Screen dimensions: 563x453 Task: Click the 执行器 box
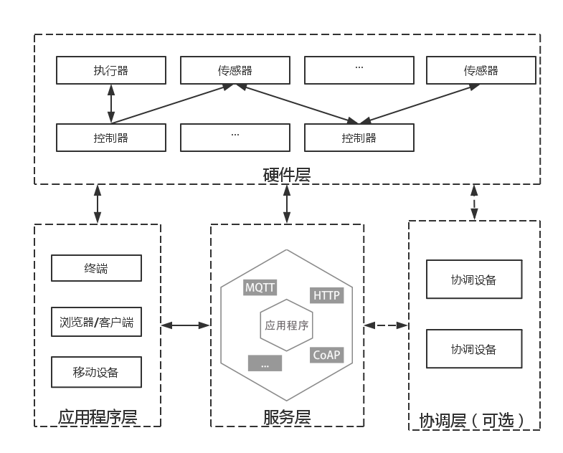[x=111, y=70]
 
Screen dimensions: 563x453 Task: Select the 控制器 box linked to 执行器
[x=111, y=138]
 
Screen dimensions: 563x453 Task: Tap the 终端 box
[x=96, y=269]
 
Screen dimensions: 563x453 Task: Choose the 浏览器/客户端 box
[x=96, y=322]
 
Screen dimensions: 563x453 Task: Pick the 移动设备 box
[x=96, y=372]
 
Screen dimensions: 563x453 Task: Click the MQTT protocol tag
[x=260, y=287]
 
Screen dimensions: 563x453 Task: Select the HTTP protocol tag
[x=327, y=295]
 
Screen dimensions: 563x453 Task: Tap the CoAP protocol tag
[x=327, y=355]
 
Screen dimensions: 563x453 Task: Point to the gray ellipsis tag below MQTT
[x=265, y=363]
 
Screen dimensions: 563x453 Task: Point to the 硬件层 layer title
[x=287, y=174]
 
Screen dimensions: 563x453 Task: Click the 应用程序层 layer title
[x=98, y=417]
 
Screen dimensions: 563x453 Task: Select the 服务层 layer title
[x=287, y=417]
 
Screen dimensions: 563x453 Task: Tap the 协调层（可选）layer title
[x=473, y=420]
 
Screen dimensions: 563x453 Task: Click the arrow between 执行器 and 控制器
[x=111, y=104]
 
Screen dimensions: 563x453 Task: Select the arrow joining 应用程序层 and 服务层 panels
[x=185, y=325]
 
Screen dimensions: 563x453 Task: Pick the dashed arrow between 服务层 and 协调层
[x=386, y=325]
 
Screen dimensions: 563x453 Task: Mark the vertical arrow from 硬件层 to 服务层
[x=287, y=204]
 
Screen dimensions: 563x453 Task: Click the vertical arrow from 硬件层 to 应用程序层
[x=98, y=204]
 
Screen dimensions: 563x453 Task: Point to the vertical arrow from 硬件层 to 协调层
[x=473, y=202]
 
